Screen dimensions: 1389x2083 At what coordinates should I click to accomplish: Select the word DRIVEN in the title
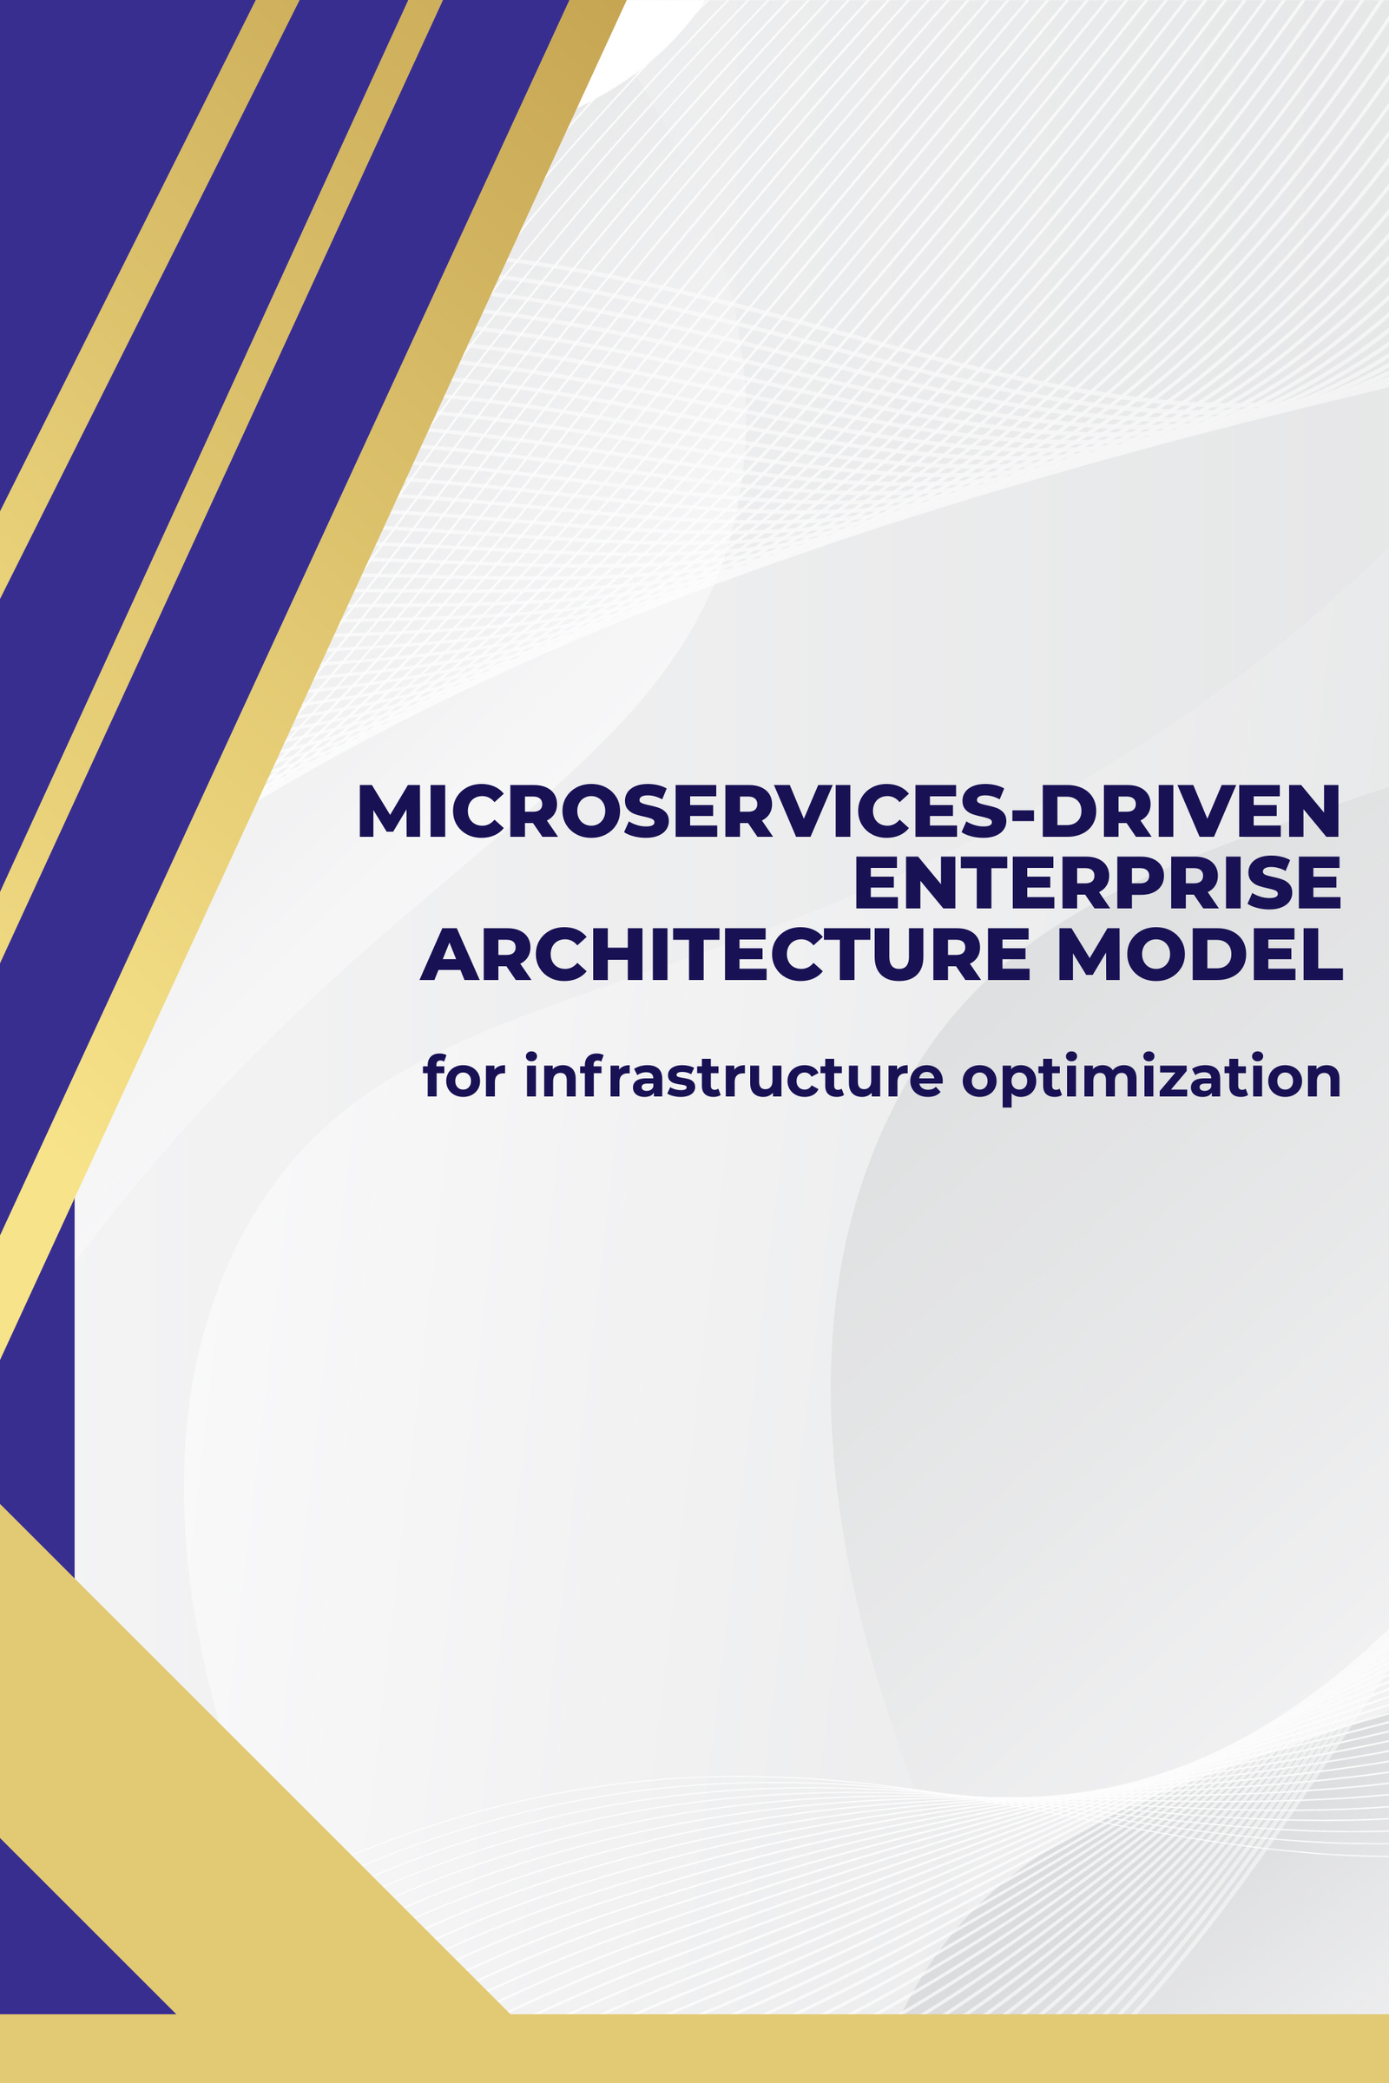(x=1190, y=811)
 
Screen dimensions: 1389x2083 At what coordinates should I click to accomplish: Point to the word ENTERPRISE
(x=1097, y=882)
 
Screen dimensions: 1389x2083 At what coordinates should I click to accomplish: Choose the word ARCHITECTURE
(x=725, y=954)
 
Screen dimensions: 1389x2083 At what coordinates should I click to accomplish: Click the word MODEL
(x=1201, y=954)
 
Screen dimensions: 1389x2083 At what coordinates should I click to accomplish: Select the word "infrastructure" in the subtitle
(x=734, y=1075)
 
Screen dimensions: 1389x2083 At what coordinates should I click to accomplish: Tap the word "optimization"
(x=1151, y=1078)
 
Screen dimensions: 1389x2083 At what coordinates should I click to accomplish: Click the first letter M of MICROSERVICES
(x=390, y=811)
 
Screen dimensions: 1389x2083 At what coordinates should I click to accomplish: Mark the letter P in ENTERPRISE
(x=1140, y=882)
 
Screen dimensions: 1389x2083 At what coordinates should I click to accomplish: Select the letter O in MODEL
(x=1155, y=954)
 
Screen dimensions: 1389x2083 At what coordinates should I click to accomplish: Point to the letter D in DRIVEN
(x=1069, y=811)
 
